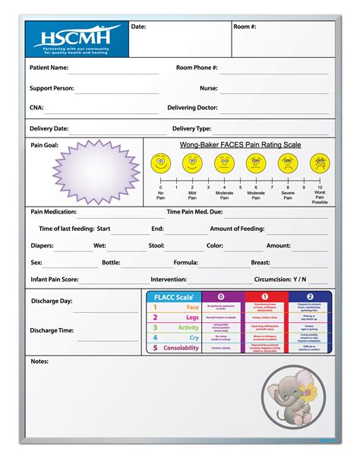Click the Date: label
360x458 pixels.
click(138, 27)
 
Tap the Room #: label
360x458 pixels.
click(245, 27)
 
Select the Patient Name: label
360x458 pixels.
click(49, 68)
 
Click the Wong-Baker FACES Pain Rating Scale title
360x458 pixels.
click(240, 144)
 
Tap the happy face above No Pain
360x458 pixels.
click(160, 163)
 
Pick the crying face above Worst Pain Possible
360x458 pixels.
click(320, 163)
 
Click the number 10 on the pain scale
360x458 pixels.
click(320, 187)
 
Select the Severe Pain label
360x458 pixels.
click(288, 195)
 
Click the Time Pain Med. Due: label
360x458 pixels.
click(195, 212)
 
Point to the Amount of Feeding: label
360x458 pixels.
click(236, 229)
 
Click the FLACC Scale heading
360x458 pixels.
click(169, 297)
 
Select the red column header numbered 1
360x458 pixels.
click(266, 296)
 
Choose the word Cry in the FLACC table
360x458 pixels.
click(193, 337)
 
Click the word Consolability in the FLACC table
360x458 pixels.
click(182, 348)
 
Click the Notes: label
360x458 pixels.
click(39, 361)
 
